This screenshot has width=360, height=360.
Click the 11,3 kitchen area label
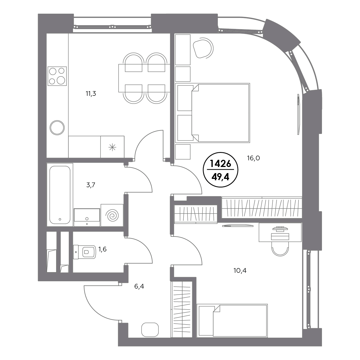coord(91,94)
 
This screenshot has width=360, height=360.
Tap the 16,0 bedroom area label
coord(253,158)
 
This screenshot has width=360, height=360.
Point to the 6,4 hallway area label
coord(139,286)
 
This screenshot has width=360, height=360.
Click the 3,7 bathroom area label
coord(91,185)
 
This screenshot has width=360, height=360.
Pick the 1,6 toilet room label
coord(102,249)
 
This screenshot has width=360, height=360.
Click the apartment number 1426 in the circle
coord(221,164)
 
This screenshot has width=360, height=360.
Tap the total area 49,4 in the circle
coord(220,177)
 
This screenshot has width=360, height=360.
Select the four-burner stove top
coord(57,76)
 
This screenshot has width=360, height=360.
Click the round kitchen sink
coord(57,128)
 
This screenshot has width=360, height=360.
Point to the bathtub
coord(60,195)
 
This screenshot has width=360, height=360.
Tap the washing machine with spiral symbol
coord(112,215)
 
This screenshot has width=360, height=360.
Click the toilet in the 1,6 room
coord(84,252)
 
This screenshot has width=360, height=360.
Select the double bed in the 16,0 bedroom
coord(213,113)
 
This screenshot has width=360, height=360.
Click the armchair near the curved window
coord(203,48)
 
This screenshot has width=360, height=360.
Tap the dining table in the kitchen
coord(144,78)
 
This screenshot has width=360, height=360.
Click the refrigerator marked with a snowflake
coord(112,147)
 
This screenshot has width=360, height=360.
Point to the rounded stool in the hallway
coord(150,330)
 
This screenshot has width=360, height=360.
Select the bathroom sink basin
coord(87,217)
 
